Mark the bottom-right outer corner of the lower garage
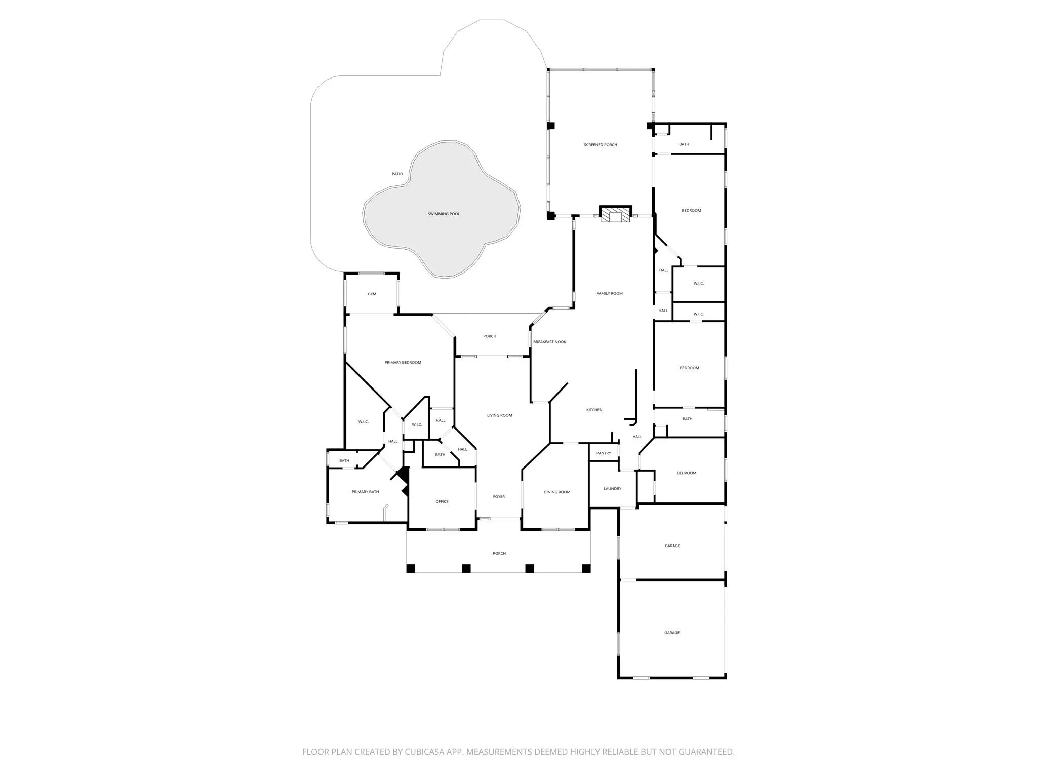point(726,678)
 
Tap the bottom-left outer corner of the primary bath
point(328,523)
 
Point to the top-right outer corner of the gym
point(398,274)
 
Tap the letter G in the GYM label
point(369,294)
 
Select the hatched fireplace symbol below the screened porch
point(616,214)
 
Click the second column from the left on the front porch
point(466,568)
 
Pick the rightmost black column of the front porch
point(586,568)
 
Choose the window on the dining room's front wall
point(558,529)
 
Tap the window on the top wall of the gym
point(372,274)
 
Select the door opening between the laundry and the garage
point(628,507)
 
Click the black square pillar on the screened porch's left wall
point(551,125)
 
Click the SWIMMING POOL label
point(444,214)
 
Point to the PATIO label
point(397,174)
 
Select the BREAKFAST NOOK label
point(549,342)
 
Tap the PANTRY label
point(604,453)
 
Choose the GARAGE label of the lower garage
point(672,633)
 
